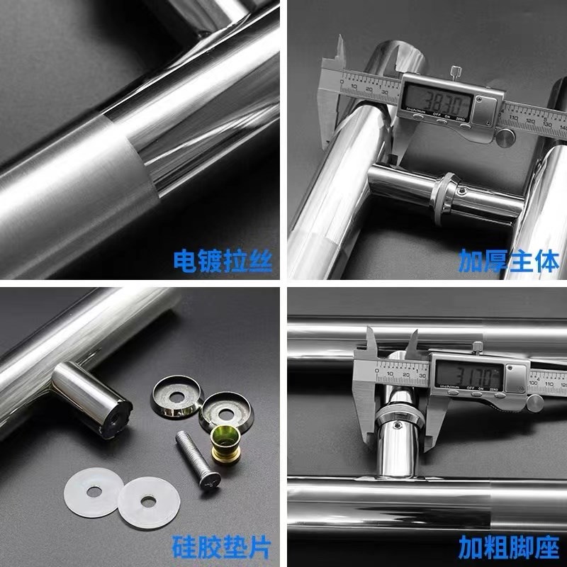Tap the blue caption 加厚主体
click(x=508, y=260)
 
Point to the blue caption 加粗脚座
click(x=508, y=546)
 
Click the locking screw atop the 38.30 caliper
click(x=454, y=72)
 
